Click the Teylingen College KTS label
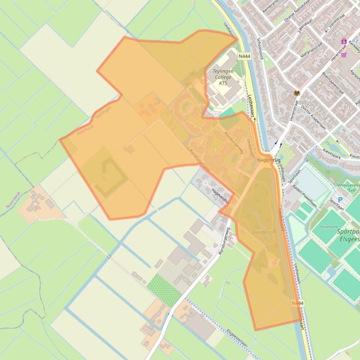point(223,77)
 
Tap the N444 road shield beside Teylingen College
point(244,56)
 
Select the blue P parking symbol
point(340,200)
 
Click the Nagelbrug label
point(269,160)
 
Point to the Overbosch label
point(264,232)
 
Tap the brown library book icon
point(297,94)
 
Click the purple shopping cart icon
point(345,55)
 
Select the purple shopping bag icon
point(344,41)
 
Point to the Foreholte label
point(329,227)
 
